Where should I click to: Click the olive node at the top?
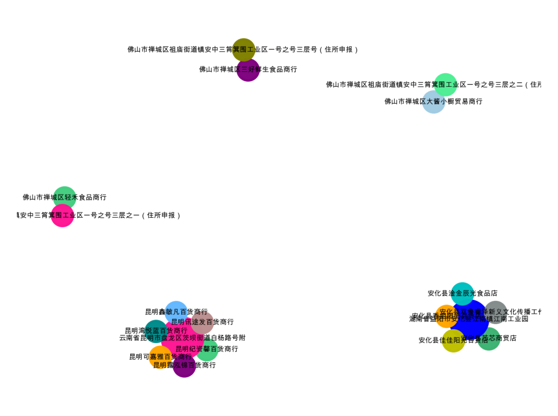click(244, 50)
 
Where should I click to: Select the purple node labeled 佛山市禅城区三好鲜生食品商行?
click(248, 70)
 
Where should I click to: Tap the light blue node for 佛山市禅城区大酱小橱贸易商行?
click(433, 102)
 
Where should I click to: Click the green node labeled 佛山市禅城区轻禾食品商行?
click(65, 197)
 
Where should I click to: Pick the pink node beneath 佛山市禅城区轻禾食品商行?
click(63, 215)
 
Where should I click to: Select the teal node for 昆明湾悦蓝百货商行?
click(156, 331)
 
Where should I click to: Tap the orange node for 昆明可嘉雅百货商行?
click(160, 357)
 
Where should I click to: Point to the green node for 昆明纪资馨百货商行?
click(207, 349)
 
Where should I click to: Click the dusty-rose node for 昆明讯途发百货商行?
click(203, 322)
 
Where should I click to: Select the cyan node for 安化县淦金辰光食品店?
click(462, 293)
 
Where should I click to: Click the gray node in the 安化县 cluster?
click(496, 312)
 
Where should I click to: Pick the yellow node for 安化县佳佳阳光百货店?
click(453, 341)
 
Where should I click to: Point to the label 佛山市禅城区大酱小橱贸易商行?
click(433, 102)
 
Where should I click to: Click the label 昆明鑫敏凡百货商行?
click(176, 312)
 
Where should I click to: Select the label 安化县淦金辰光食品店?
click(462, 293)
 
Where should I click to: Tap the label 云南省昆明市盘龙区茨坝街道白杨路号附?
click(182, 338)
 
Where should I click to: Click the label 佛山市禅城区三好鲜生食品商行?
click(248, 70)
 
